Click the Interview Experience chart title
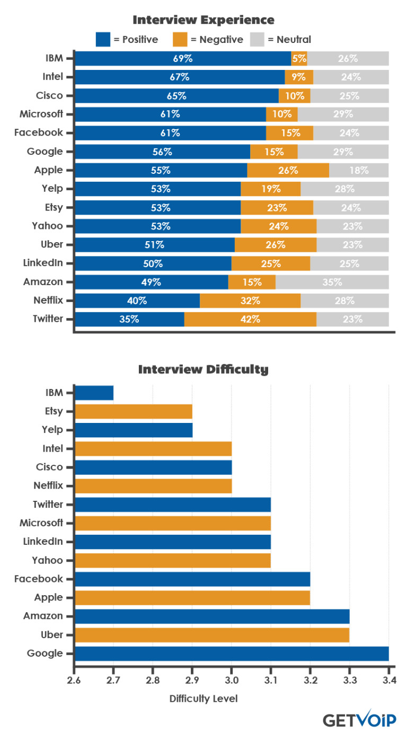(x=203, y=20)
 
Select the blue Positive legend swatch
(x=103, y=39)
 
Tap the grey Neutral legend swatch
(x=257, y=39)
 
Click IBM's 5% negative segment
(x=299, y=58)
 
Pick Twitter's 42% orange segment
(x=250, y=319)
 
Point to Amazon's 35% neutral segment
(x=332, y=282)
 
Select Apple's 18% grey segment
(x=359, y=170)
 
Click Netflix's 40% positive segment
(x=137, y=301)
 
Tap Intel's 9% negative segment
(x=299, y=77)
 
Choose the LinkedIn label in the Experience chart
(x=43, y=263)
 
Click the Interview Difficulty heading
(x=203, y=369)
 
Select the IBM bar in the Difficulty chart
(x=94, y=393)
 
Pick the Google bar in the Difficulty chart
(x=232, y=653)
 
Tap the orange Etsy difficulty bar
(x=134, y=411)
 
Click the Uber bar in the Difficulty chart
(x=212, y=635)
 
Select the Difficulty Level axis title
(x=203, y=699)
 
